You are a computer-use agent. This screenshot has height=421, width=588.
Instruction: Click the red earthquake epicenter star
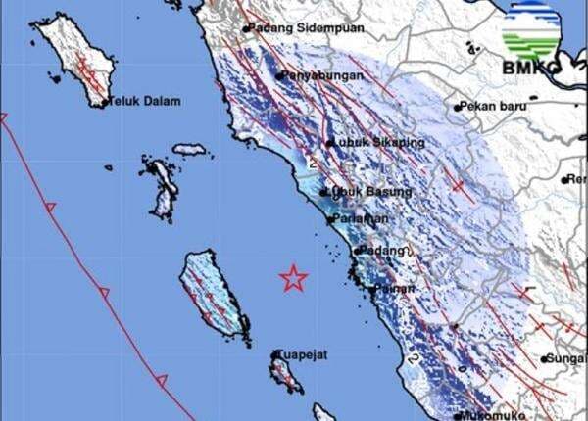293,279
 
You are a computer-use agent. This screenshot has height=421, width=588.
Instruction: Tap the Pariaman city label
360,219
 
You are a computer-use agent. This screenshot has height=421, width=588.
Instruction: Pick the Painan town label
393,289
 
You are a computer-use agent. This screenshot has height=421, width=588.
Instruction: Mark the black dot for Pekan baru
457,105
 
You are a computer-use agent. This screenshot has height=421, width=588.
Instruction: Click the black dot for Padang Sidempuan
246,28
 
